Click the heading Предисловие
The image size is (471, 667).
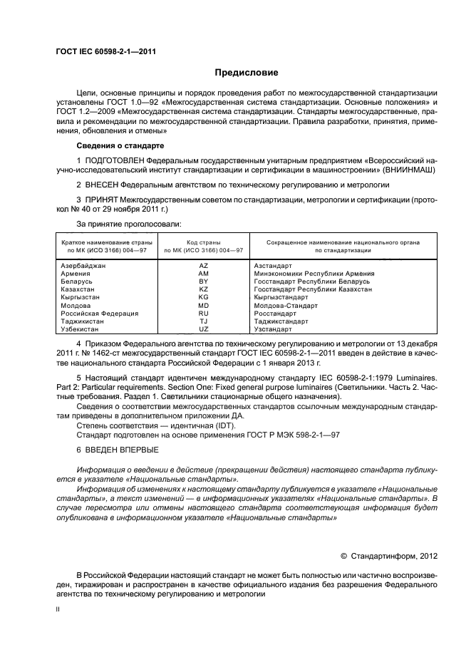247,73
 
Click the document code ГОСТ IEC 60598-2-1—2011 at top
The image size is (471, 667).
106,52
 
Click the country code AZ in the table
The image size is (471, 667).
203,265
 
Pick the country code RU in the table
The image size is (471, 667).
203,314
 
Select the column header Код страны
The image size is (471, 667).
203,242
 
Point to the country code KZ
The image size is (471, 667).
203,289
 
